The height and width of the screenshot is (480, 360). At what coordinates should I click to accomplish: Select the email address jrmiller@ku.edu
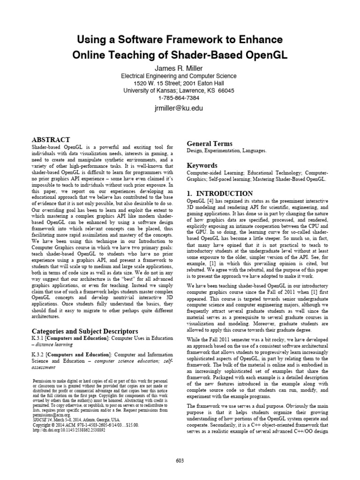(x=180, y=108)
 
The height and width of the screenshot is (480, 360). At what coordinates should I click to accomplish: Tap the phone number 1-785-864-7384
(x=180, y=97)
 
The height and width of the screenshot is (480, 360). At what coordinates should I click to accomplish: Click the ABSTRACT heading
(x=51, y=140)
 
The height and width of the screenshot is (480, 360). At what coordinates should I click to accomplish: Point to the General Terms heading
(x=210, y=143)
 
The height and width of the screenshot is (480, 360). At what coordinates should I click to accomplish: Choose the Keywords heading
(x=202, y=165)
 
